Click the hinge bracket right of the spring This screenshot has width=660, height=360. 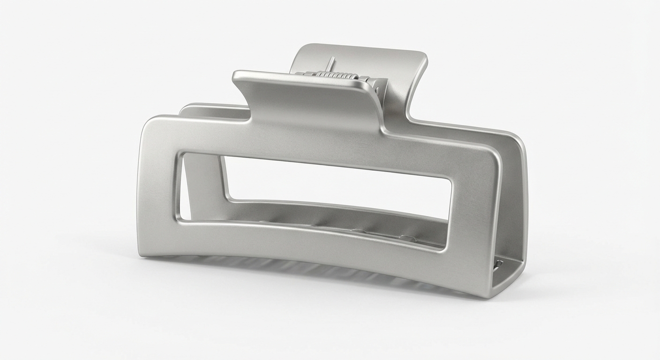pyautogui.click(x=378, y=86)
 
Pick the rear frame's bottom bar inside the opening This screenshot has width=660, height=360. pyautogui.click(x=328, y=216)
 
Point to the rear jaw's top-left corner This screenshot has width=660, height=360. pyautogui.click(x=185, y=108)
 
